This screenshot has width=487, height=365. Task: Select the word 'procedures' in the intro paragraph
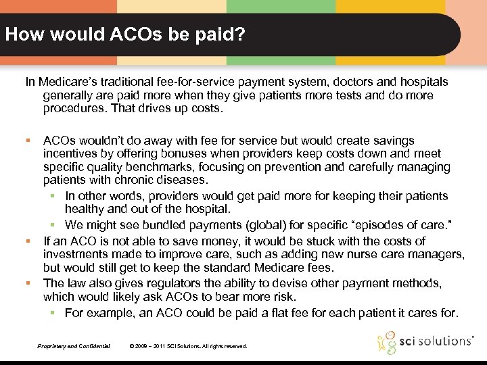(x=70, y=109)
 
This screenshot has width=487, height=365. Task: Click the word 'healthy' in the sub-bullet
(x=85, y=209)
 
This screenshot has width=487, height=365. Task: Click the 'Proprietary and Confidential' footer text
(x=74, y=346)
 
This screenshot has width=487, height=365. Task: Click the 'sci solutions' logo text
(x=436, y=341)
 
